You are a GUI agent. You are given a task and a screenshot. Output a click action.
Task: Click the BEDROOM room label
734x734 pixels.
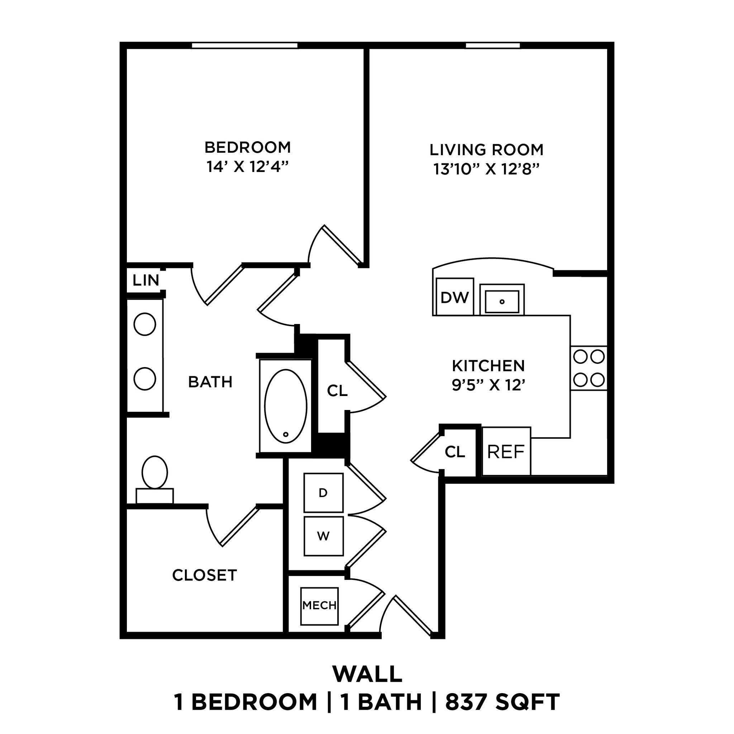[247, 147]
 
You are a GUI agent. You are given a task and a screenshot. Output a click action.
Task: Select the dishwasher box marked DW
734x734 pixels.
[454, 297]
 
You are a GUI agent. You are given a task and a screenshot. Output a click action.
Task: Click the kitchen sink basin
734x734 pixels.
[502, 302]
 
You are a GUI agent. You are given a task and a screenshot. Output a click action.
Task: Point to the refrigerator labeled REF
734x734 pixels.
[506, 452]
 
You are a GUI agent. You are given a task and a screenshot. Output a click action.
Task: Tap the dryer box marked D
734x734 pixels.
[323, 493]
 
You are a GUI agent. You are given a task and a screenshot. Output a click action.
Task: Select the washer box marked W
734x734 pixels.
[323, 536]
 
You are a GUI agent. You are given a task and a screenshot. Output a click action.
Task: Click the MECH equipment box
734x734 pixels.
[319, 605]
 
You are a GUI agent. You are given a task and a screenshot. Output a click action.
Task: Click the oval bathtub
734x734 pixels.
[285, 406]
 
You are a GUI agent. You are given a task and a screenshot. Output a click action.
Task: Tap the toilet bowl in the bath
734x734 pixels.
[154, 472]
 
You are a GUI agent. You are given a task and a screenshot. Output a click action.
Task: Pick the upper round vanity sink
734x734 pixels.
[145, 324]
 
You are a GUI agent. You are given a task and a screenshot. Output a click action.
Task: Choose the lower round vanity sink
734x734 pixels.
[145, 379]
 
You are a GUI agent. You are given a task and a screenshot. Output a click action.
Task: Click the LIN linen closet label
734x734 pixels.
[146, 281]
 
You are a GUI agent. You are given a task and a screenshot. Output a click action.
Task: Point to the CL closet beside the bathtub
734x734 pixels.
[337, 391]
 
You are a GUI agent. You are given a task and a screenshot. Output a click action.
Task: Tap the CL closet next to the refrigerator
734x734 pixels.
[455, 452]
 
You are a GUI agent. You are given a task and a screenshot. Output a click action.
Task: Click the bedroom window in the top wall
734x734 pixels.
[244, 46]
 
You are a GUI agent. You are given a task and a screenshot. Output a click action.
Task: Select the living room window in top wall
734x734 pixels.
[493, 46]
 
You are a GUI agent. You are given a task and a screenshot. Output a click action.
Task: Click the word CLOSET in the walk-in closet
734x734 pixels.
[204, 575]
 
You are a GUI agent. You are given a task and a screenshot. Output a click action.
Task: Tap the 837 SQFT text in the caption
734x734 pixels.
[502, 702]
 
